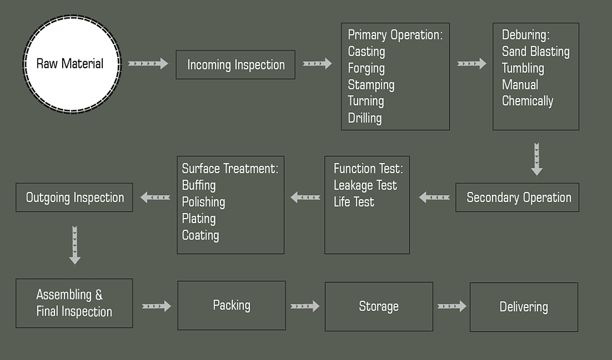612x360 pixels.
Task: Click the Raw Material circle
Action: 72,64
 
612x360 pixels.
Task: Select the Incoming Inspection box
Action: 236,65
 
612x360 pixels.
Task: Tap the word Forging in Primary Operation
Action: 366,68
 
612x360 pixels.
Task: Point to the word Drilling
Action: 365,118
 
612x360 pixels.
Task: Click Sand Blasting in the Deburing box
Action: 536,52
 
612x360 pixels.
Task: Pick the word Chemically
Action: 527,101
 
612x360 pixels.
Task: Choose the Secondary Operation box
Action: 517,197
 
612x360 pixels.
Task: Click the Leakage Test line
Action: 365,185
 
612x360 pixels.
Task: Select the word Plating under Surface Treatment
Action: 199,219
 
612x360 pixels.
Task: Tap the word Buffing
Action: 199,185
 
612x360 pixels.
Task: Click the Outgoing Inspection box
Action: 74,197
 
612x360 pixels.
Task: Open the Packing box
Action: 232,305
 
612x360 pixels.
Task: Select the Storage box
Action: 379,306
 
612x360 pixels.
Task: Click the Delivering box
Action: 524,307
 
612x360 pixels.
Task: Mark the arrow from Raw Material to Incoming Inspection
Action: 148,64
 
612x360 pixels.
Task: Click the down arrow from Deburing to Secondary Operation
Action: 536,160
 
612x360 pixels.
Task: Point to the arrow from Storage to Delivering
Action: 452,306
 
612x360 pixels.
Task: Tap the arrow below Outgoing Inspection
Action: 75,245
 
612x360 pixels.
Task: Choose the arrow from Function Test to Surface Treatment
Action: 305,197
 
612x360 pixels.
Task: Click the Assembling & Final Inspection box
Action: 74,303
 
